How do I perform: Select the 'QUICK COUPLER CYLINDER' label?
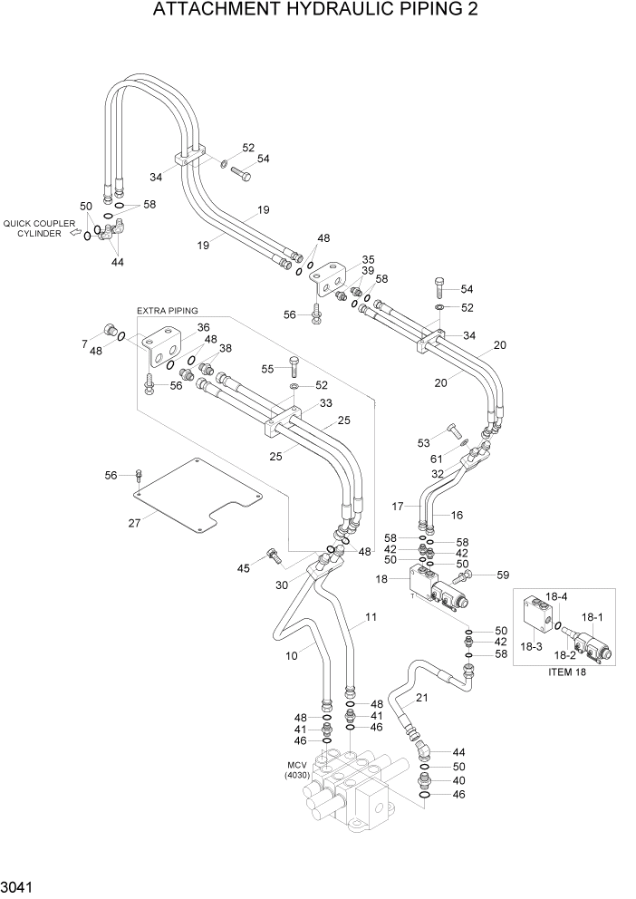[38, 227]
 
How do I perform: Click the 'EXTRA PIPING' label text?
[167, 311]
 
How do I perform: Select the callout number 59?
[504, 574]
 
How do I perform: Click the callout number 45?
[243, 568]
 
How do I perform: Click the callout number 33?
[324, 403]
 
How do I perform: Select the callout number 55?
[268, 369]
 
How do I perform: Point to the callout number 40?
[458, 780]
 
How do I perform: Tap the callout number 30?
[282, 585]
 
